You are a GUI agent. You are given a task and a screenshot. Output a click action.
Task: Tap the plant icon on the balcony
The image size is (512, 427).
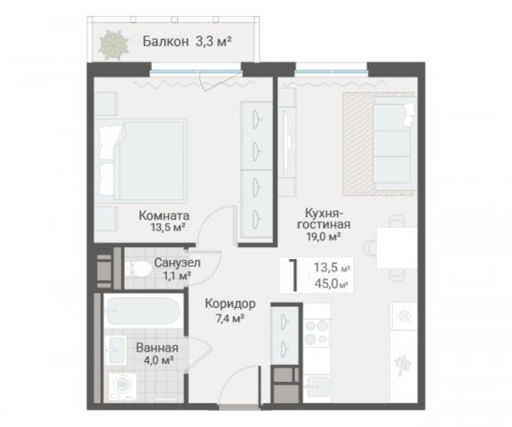click(x=114, y=43)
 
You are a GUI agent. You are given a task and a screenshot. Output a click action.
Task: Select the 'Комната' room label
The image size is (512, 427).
click(x=163, y=214)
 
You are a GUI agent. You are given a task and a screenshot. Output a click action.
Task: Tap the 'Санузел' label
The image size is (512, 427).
click(x=177, y=263)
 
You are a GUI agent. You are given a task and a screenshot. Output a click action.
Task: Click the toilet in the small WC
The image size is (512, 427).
click(x=135, y=271)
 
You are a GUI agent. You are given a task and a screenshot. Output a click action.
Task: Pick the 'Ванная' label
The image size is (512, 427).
click(x=157, y=348)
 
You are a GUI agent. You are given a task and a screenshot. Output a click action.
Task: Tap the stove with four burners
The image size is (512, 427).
click(x=317, y=334)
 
